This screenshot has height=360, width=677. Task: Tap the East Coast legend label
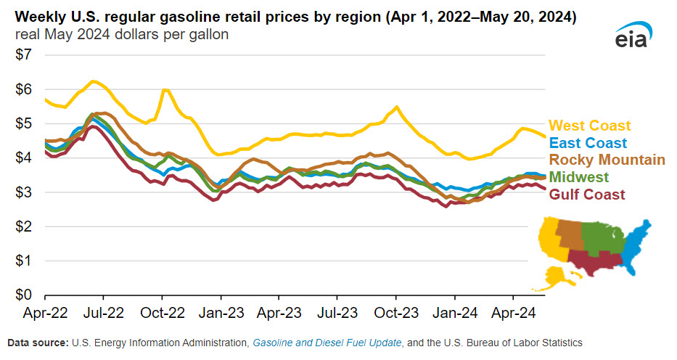click(x=588, y=143)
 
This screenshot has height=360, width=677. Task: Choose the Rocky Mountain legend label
click(x=607, y=160)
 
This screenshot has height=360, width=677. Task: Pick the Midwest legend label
click(x=579, y=176)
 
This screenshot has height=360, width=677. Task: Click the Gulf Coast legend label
click(x=587, y=194)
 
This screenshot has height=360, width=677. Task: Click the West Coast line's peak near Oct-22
click(x=165, y=89)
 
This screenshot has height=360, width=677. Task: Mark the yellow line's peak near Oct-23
click(x=396, y=107)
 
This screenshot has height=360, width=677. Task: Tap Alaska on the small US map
click(x=557, y=275)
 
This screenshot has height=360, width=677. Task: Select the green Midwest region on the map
click(x=602, y=236)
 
